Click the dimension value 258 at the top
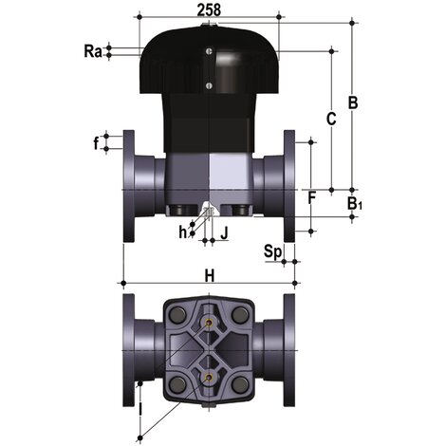pyautogui.click(x=208, y=9)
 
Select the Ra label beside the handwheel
pyautogui.click(x=92, y=51)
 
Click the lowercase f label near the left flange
pyautogui.click(x=96, y=144)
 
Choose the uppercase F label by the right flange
pyautogui.click(x=311, y=197)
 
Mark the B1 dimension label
pyautogui.click(x=354, y=204)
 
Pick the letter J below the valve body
pyautogui.click(x=224, y=231)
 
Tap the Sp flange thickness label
pyautogui.click(x=272, y=251)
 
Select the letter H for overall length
pyautogui.click(x=209, y=275)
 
